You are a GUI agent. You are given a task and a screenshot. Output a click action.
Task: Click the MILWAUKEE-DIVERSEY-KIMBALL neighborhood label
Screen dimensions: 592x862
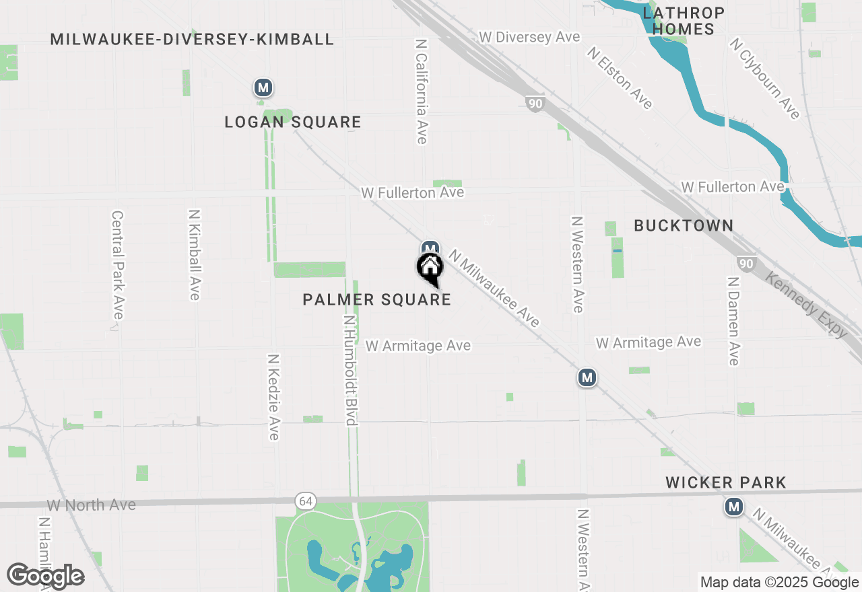point(192,39)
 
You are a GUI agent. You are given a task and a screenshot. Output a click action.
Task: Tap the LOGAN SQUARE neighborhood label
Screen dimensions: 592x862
point(293,122)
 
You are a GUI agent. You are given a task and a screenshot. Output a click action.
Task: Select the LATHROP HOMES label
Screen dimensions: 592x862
point(684,21)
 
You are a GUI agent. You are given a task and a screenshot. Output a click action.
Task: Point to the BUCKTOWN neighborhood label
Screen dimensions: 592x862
point(684,225)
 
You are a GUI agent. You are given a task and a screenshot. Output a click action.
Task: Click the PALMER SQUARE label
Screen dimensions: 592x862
point(377,299)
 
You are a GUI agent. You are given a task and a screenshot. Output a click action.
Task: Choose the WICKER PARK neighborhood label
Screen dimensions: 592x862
point(726,482)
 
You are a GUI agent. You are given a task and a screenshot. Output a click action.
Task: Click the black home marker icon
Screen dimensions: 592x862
point(430,268)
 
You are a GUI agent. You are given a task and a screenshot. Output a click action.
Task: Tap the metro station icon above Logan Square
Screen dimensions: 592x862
point(263,87)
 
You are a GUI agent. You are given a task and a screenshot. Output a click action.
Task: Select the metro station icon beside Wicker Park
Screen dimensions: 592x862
point(734,507)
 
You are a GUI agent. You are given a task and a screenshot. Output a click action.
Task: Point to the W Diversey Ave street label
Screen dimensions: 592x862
point(529,37)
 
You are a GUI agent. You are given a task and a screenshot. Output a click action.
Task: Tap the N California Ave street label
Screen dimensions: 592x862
point(422,91)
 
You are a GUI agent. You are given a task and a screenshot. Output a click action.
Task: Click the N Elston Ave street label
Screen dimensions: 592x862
point(620,77)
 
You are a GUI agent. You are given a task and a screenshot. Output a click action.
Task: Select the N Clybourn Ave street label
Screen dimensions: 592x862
point(766,79)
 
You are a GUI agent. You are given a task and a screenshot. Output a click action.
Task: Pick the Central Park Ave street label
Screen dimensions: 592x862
point(118,266)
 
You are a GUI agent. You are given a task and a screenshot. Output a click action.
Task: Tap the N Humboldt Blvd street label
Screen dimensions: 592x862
point(350,371)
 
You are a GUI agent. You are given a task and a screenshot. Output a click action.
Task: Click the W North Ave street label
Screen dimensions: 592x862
point(92,505)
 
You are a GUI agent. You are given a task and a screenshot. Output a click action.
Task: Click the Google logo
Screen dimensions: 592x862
point(46,576)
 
